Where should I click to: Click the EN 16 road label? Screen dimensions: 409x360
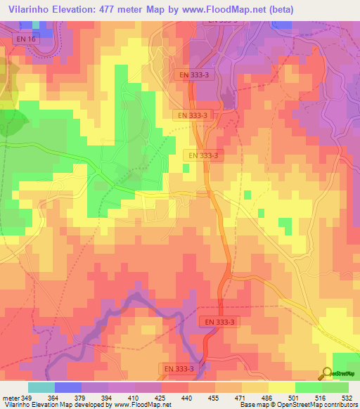point(23,40)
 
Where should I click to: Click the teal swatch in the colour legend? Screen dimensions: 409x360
point(41,387)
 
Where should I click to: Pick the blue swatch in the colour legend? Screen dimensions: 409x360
point(68,387)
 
